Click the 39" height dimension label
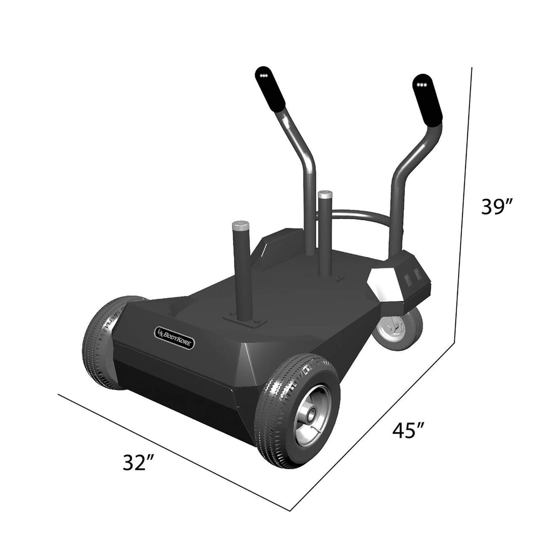pos(497,207)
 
